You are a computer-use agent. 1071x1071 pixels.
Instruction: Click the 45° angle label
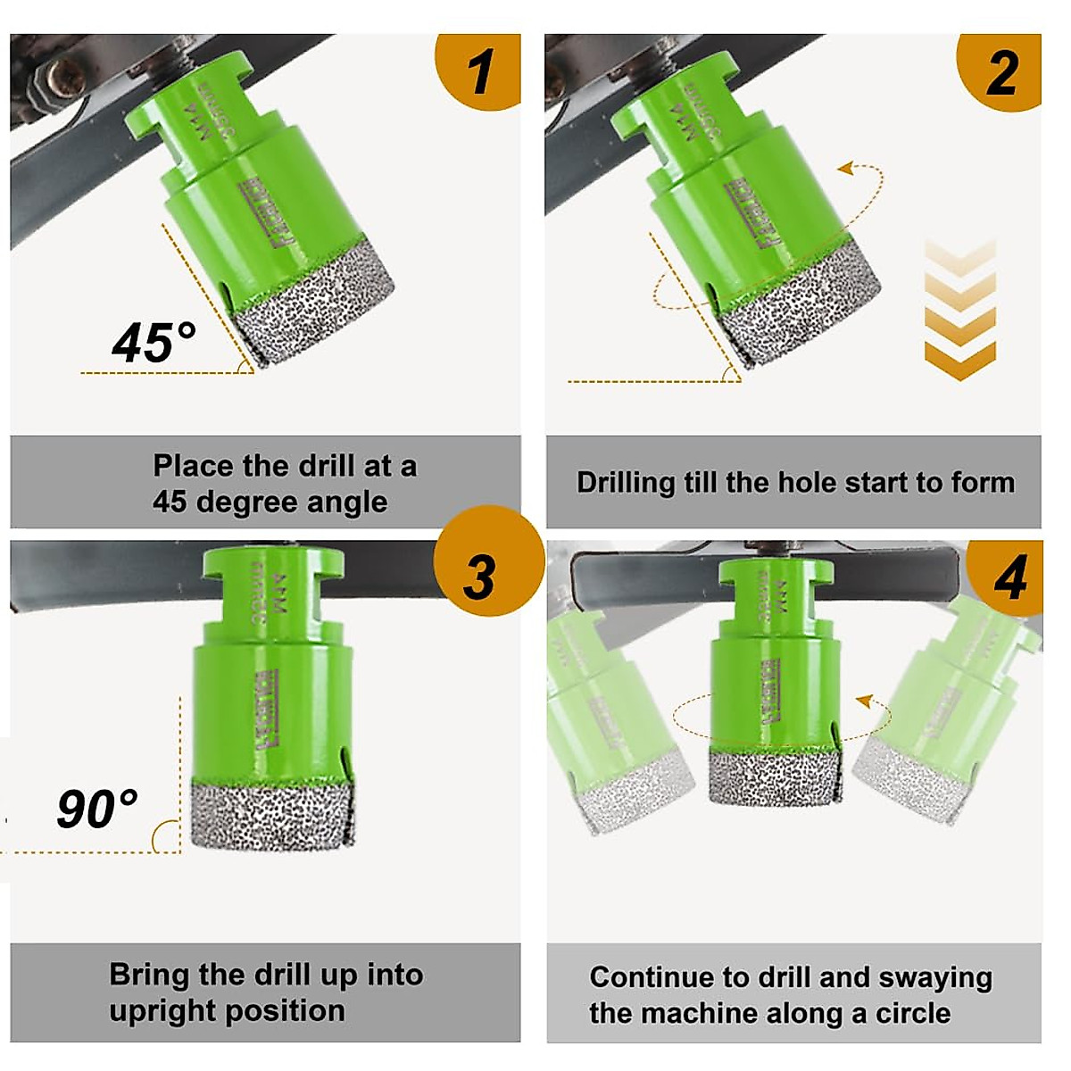154,342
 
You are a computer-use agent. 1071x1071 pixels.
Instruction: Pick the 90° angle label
97,809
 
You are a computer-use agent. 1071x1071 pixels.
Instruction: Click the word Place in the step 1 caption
193,466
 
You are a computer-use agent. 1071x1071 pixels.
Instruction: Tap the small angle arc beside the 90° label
165,837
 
